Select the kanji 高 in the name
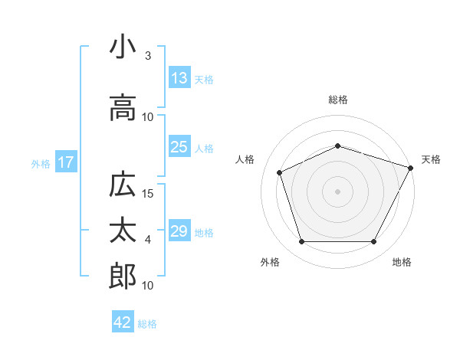click(123, 108)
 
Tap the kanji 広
click(123, 185)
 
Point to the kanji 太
click(123, 231)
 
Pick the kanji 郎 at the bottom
click(123, 276)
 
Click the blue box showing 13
click(179, 78)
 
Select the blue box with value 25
click(179, 147)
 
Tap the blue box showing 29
click(179, 231)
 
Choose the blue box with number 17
click(65, 162)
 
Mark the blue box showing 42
click(123, 322)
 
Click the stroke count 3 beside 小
click(148, 56)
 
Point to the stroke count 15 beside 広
click(149, 194)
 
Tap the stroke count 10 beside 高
click(149, 117)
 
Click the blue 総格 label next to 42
click(147, 324)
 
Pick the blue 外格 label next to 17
click(41, 163)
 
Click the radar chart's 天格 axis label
click(432, 159)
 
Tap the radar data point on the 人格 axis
click(279, 172)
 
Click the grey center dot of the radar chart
click(337, 191)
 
